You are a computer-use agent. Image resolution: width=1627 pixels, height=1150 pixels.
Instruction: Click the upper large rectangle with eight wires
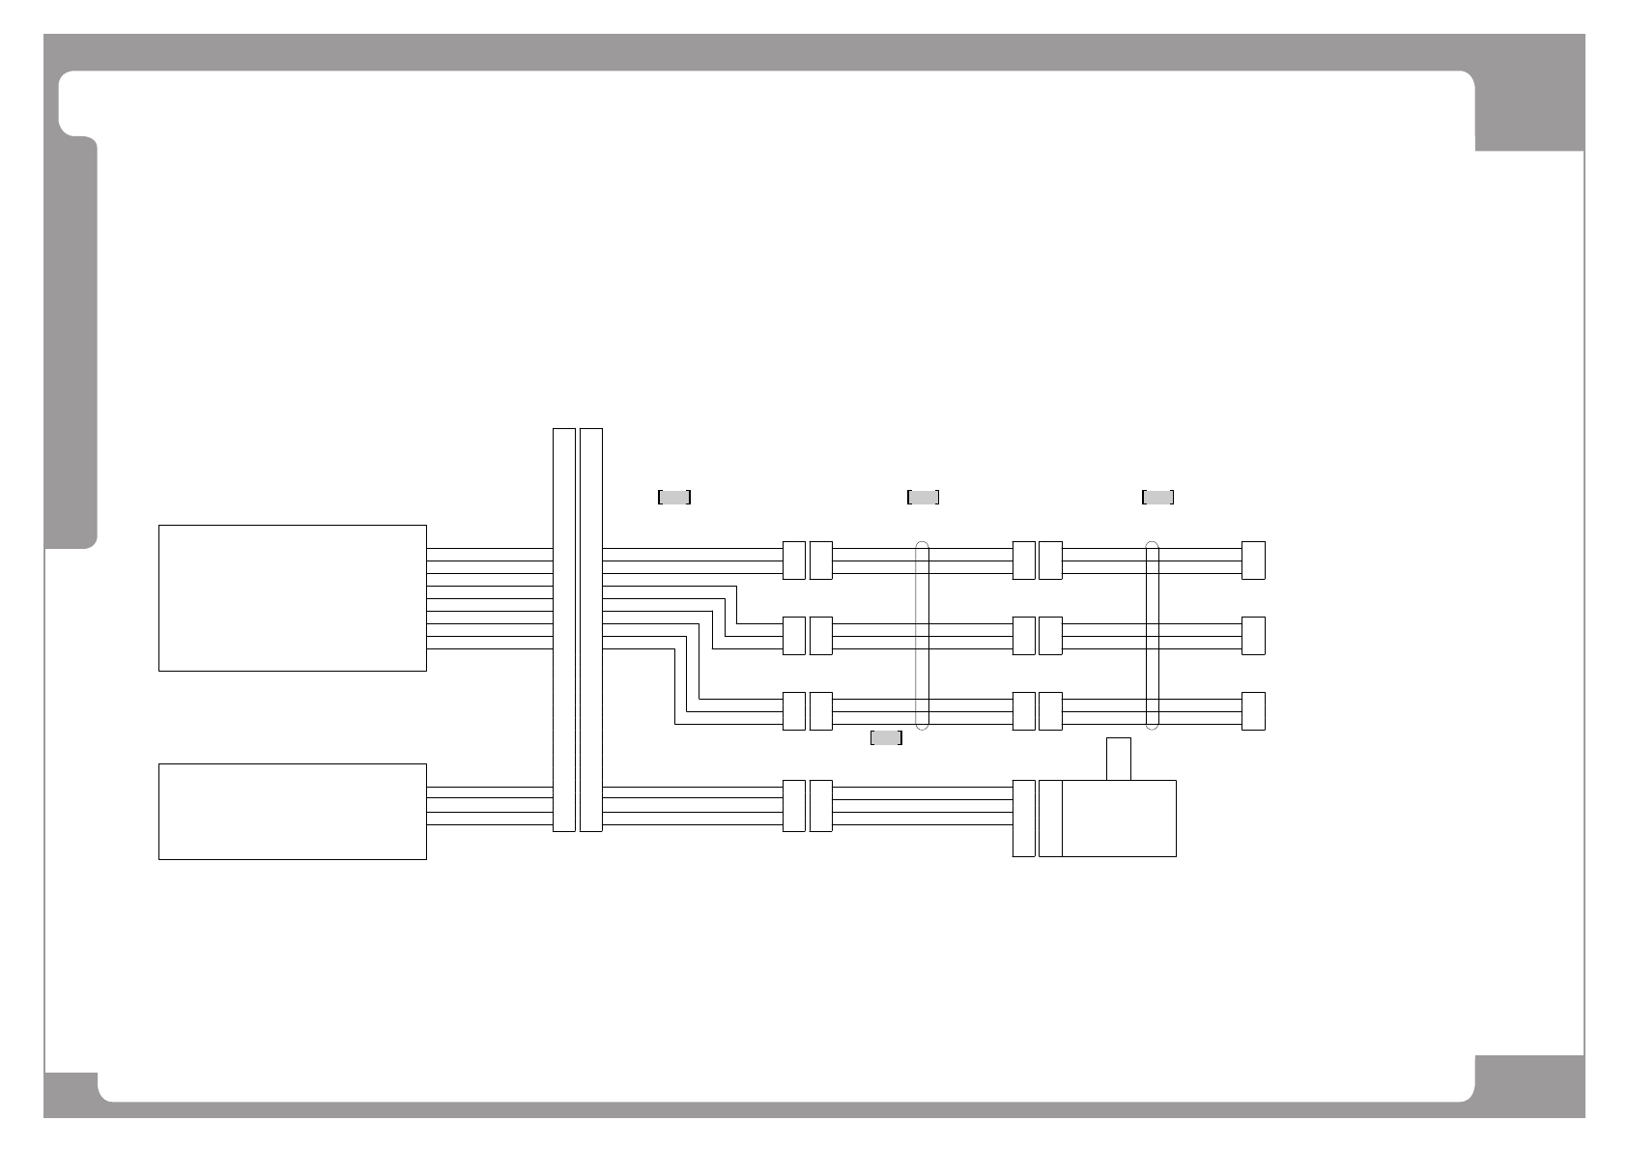(x=292, y=597)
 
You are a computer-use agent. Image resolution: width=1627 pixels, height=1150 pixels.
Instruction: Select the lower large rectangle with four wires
(x=292, y=811)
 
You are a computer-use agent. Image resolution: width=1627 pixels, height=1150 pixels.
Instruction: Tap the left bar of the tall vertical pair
(x=563, y=629)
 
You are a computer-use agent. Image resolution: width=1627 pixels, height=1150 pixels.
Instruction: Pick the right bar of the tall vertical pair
(x=591, y=629)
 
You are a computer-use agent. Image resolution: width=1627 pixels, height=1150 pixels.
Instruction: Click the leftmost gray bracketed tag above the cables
(x=673, y=497)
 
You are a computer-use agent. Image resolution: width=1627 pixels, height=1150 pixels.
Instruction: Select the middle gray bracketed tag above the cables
(x=923, y=497)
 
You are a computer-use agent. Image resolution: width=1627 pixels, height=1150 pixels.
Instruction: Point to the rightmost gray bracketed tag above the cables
(x=1157, y=497)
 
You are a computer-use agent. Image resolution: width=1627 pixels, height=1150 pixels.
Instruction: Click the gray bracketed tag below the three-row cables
(x=886, y=738)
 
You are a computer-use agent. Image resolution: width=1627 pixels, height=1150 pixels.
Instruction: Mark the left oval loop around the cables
(x=922, y=636)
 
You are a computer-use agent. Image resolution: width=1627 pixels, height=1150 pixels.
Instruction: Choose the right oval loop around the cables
(x=1152, y=636)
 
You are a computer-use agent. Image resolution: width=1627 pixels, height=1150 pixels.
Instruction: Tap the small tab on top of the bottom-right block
(x=1119, y=759)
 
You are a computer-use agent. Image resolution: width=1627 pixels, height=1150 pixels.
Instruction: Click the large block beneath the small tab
(x=1119, y=818)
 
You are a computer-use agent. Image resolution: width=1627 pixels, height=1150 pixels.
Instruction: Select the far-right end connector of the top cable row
(x=1253, y=561)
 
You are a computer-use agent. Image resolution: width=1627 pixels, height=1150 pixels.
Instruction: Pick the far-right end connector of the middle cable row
(x=1253, y=636)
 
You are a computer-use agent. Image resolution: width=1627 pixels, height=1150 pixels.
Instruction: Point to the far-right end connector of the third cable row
(x=1253, y=711)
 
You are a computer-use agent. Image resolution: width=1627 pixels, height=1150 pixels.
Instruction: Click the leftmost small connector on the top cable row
(x=793, y=561)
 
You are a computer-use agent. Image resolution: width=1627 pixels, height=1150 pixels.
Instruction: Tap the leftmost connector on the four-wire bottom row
(x=793, y=805)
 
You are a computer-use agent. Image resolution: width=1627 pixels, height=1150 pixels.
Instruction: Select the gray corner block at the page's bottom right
(x=1529, y=1084)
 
